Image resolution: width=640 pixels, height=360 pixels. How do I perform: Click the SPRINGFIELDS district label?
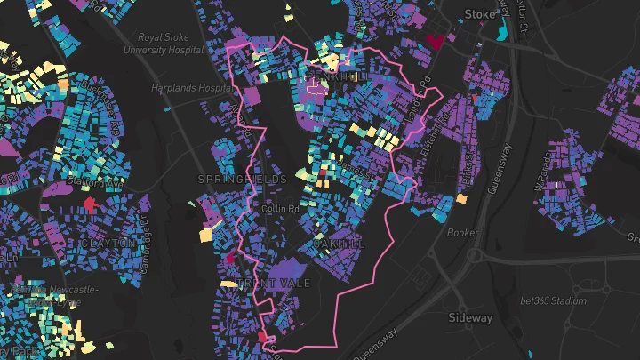coord(243,180)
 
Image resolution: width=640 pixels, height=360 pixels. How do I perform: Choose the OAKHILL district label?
coord(338,243)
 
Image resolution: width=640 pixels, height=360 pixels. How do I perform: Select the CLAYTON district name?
coord(108,243)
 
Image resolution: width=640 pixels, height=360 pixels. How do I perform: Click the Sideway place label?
coord(469,317)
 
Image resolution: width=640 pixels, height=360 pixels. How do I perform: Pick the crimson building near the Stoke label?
coord(436,40)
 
